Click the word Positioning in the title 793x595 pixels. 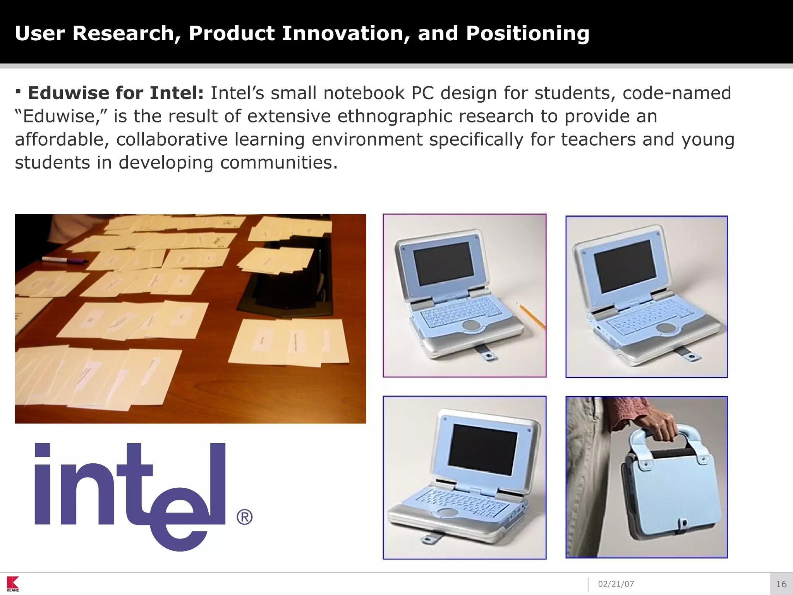click(527, 34)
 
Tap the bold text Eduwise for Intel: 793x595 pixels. click(115, 93)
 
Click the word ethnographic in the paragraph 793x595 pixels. click(394, 116)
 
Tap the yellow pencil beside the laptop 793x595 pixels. click(531, 316)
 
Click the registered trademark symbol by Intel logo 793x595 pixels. click(244, 517)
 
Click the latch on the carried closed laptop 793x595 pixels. click(684, 524)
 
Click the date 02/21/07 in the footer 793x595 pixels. click(616, 584)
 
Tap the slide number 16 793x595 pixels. click(781, 584)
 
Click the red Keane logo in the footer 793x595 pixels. click(13, 583)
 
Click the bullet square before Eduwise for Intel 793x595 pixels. click(18, 92)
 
